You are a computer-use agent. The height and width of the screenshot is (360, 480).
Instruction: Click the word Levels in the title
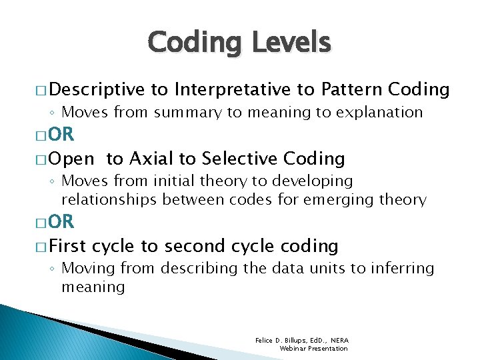(291, 43)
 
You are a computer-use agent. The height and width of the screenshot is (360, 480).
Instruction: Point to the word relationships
(109, 199)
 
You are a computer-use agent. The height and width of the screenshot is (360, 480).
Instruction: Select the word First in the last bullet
(67, 246)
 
